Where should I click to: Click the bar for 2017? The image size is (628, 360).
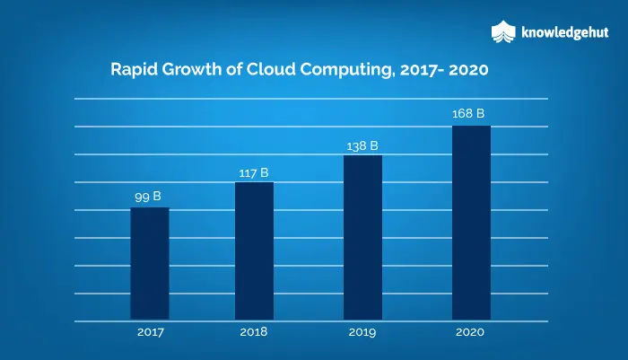150,263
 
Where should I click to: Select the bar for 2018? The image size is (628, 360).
254,251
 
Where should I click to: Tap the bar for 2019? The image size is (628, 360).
362,237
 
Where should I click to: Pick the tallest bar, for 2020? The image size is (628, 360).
471,223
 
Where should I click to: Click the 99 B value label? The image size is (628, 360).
148,197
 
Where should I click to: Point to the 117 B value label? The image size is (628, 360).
254,172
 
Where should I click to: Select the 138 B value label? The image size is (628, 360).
362,146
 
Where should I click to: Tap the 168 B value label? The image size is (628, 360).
468,114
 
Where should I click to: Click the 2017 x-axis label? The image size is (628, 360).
151,332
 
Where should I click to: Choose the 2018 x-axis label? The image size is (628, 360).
254,332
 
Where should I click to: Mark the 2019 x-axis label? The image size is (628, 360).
362,332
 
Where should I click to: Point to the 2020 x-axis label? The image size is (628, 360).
470,332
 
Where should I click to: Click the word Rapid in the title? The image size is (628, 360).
134,70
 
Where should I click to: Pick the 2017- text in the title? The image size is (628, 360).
423,70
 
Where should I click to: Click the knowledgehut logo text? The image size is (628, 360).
564,32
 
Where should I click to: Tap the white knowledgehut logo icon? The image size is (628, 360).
503,31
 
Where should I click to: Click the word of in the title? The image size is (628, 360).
234,69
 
